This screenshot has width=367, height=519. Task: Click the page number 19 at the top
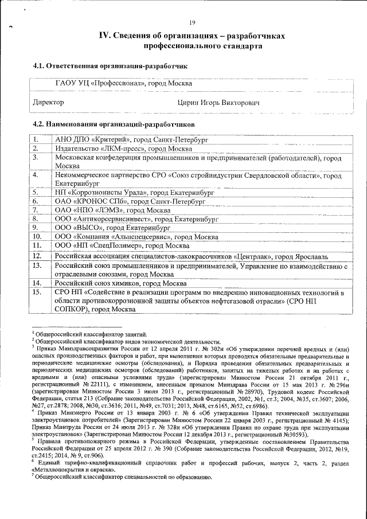[x=192, y=22]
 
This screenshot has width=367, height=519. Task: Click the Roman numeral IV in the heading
[x=105, y=36]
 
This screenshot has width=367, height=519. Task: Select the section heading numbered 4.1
[x=110, y=67]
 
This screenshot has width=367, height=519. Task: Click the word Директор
[x=49, y=102]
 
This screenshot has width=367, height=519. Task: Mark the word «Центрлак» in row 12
[x=257, y=255]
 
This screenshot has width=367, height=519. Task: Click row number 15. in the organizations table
[x=38, y=292]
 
